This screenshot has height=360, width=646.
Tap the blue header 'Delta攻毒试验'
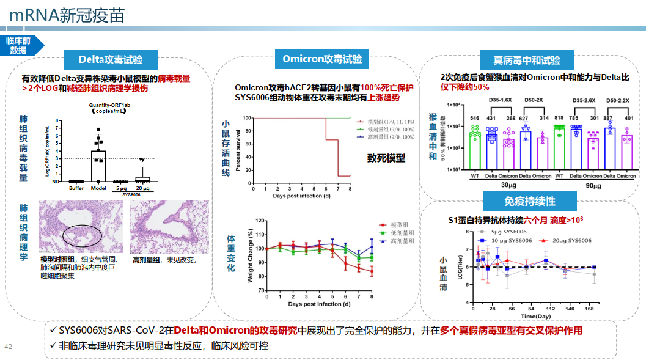111,59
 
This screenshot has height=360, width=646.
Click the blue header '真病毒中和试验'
527,61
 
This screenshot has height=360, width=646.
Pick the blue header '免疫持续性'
529,201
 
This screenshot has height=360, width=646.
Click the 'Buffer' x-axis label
76,188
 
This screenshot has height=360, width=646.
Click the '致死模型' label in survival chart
386,158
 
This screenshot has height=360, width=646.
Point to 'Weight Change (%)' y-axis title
251,256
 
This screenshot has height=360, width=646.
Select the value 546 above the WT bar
474,118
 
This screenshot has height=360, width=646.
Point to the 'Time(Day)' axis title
535,317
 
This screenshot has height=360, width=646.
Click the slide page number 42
9,347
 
